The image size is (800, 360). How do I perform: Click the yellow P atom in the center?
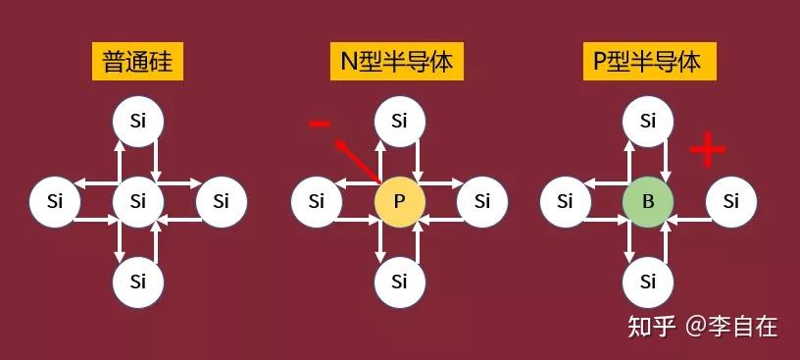[x=399, y=202]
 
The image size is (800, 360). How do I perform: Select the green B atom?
[x=648, y=202]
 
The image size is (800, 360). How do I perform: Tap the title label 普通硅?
[x=138, y=64]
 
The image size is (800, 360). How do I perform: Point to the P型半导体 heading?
[x=647, y=64]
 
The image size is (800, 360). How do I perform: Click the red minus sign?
[x=320, y=124]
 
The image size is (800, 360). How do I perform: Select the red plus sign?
[x=708, y=149]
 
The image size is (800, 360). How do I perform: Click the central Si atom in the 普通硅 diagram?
[x=138, y=202]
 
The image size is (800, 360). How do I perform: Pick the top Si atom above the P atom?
[x=399, y=122]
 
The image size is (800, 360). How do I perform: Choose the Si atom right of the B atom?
[x=731, y=202]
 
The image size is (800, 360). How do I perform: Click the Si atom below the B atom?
[x=648, y=283]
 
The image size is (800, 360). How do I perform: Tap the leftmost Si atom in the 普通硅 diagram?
[x=54, y=202]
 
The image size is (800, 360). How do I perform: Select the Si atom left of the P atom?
[x=316, y=202]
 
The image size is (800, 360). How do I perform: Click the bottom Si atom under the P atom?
[x=399, y=283]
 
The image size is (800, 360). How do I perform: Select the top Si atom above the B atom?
[x=648, y=122]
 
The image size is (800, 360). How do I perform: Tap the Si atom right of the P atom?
[x=482, y=202]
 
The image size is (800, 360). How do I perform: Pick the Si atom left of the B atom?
[x=565, y=202]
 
